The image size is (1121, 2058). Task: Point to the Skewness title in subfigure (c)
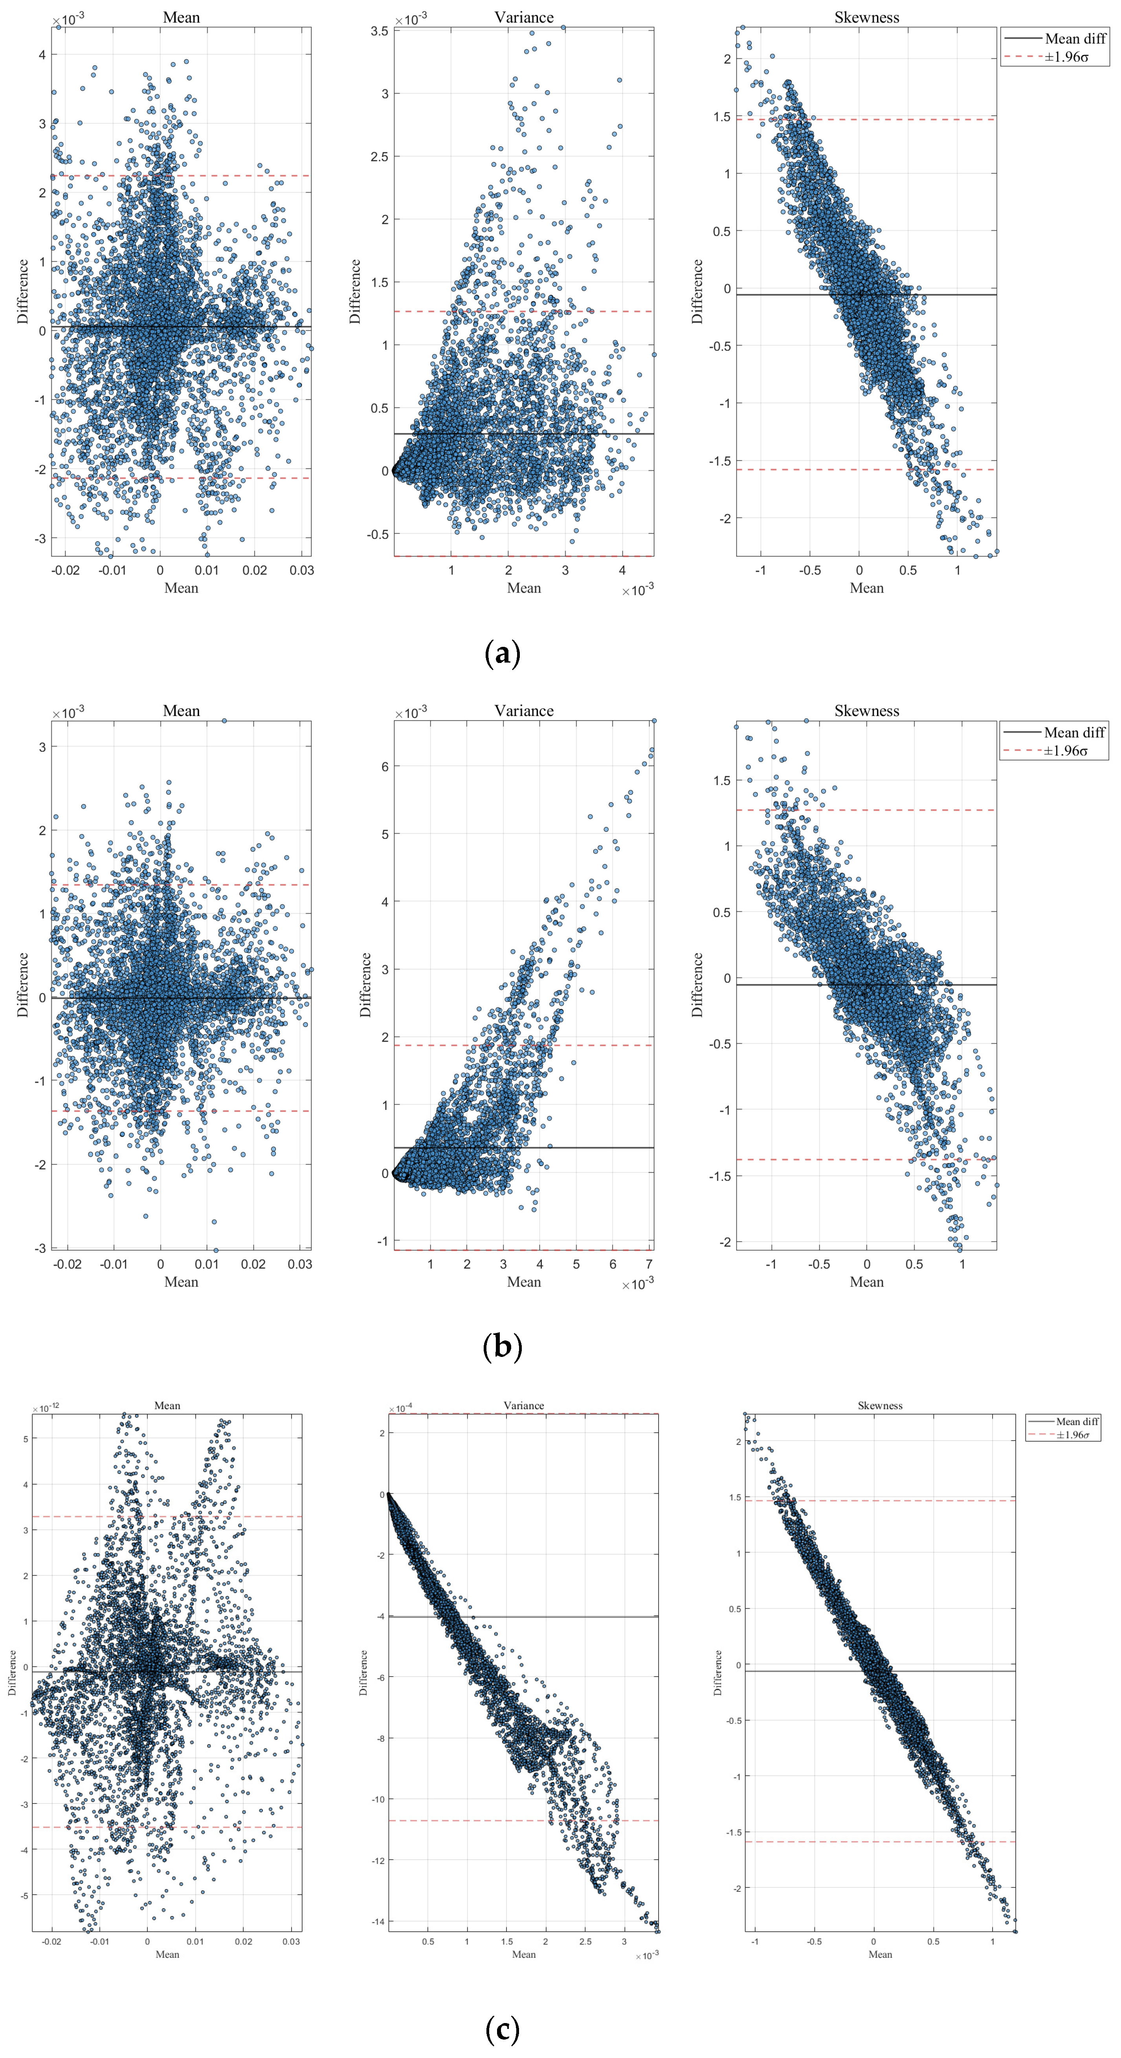(880, 1405)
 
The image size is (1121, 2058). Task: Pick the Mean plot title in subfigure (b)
(182, 710)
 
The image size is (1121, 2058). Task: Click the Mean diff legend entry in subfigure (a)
(1075, 38)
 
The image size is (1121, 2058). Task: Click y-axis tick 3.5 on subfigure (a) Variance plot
(380, 31)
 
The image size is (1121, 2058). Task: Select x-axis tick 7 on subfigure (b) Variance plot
(649, 1264)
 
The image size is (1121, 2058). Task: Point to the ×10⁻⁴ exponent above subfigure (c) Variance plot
(401, 1408)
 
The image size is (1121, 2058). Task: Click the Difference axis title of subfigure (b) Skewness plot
(697, 984)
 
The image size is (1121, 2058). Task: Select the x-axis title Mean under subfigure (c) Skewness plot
(880, 1954)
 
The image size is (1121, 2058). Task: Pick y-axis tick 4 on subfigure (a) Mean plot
(42, 55)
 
